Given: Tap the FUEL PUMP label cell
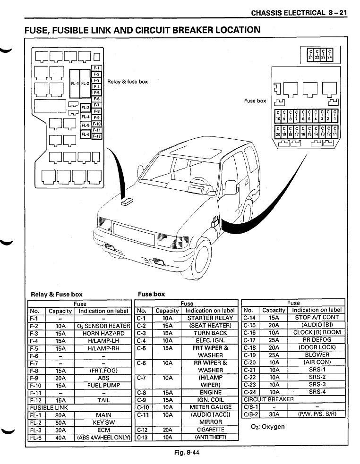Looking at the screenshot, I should (x=103, y=385).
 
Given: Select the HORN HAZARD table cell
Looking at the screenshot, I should (x=103, y=333).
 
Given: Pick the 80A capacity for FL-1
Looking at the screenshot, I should (x=60, y=415).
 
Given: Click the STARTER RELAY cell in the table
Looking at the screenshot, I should (x=210, y=318).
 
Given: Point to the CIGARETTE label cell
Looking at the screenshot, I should (x=210, y=430).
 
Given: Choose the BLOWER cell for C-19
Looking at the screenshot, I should (x=317, y=354).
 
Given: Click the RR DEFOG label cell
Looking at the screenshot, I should (x=317, y=339).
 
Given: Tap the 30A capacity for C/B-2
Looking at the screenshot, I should (x=274, y=414).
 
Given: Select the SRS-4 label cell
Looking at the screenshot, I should (x=317, y=392).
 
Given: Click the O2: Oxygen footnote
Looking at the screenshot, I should (x=268, y=426).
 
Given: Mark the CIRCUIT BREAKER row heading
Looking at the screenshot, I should (x=268, y=399).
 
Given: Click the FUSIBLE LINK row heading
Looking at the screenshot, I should (x=49, y=407).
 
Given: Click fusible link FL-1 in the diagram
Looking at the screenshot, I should (x=75, y=84).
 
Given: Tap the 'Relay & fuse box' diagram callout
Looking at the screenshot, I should (x=128, y=82).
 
